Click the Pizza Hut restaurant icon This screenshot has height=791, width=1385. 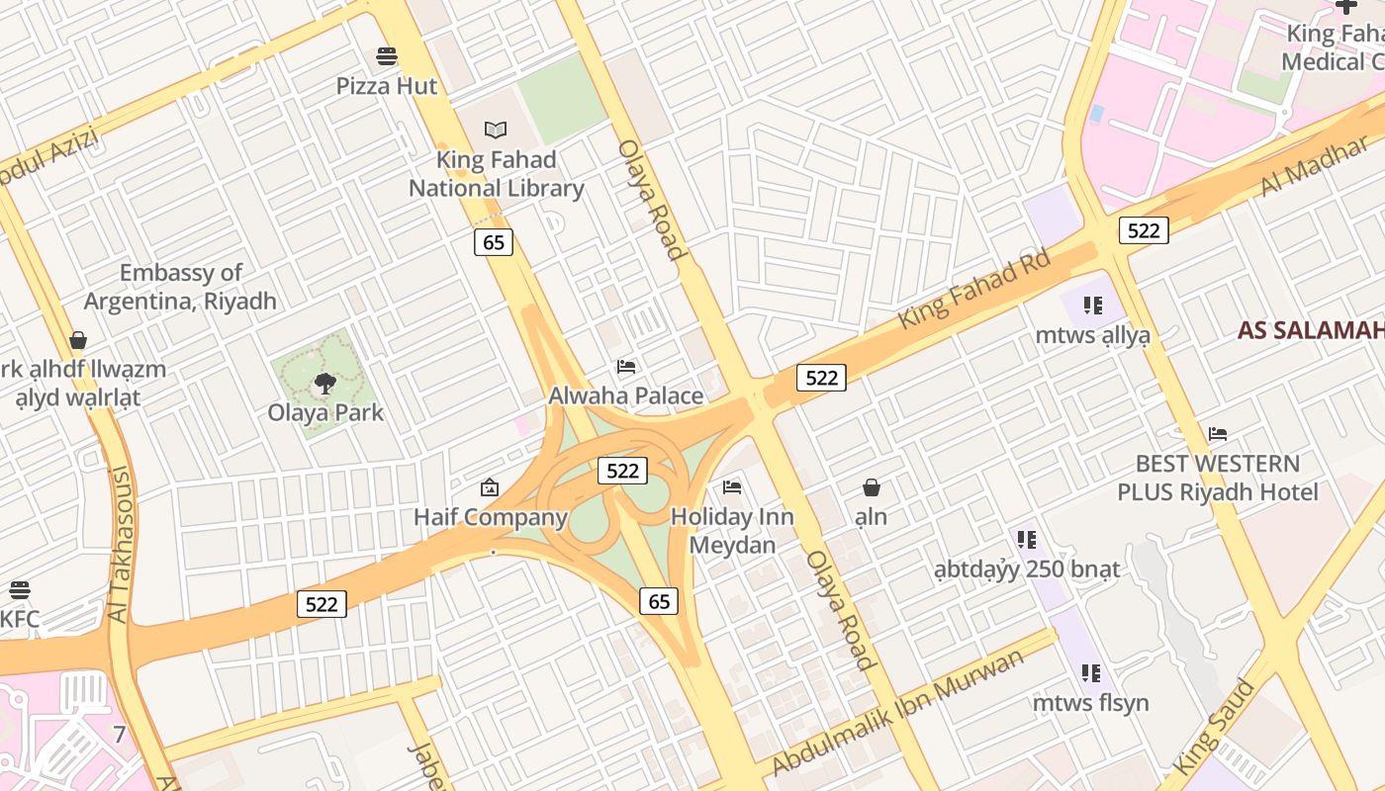[387, 55]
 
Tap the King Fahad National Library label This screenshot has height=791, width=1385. [497, 174]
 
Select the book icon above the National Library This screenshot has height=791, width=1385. [496, 130]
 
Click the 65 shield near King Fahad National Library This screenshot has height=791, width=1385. [493, 242]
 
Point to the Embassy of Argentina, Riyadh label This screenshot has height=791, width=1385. [180, 287]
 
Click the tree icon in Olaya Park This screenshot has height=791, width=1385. [324, 384]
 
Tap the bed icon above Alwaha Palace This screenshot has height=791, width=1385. [626, 367]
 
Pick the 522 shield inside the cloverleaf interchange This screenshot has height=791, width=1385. [622, 471]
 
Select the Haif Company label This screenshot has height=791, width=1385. [490, 517]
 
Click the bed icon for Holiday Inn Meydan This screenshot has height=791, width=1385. [732, 486]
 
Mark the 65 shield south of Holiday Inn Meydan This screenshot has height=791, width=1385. [660, 601]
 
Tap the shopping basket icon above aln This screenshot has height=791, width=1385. [872, 487]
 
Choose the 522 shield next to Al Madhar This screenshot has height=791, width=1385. [1144, 230]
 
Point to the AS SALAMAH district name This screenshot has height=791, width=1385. [1311, 330]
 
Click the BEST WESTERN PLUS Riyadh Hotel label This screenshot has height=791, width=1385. [1218, 478]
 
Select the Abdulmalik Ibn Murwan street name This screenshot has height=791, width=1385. [898, 712]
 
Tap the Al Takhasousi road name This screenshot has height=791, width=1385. [119, 544]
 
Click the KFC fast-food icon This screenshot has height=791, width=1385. [20, 590]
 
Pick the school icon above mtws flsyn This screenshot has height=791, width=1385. [1091, 673]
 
